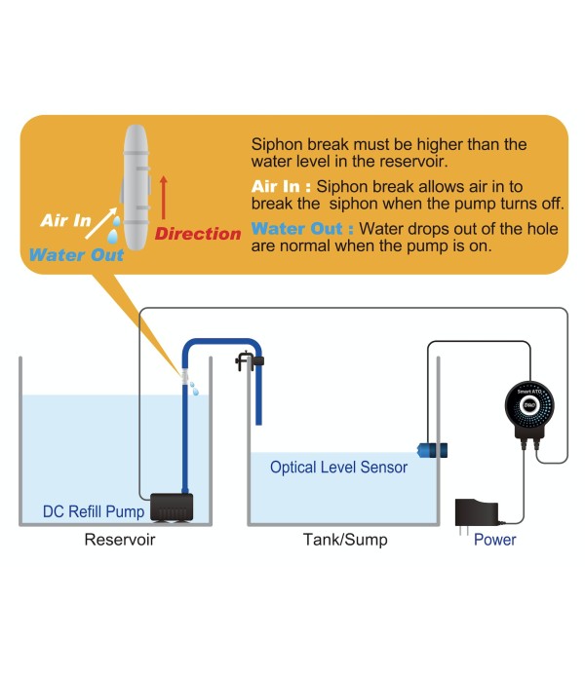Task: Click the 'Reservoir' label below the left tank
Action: (120, 539)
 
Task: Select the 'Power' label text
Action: (494, 539)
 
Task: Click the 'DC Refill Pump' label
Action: (94, 510)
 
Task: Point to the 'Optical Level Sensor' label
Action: (338, 467)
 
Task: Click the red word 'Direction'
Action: (198, 234)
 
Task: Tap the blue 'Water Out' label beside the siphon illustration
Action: (76, 255)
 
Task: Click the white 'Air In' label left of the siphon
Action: (65, 220)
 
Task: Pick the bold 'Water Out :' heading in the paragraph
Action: (301, 229)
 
